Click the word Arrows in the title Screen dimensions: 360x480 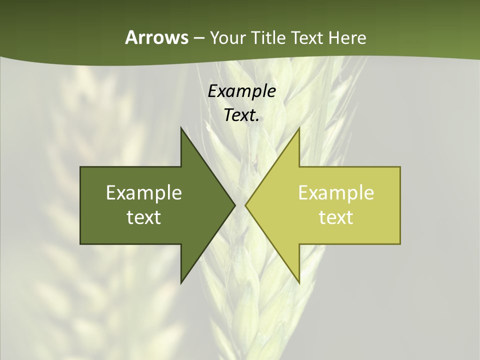[x=156, y=37]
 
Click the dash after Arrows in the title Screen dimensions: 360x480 [x=198, y=38]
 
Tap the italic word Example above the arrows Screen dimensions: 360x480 [x=241, y=91]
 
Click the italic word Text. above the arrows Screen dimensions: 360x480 [x=241, y=115]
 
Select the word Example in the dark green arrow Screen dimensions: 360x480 [x=144, y=193]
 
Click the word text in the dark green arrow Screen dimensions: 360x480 [x=144, y=217]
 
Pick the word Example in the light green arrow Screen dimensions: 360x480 [x=336, y=193]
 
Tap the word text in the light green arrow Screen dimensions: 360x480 [x=336, y=217]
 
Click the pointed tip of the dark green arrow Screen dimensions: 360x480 [x=235, y=205]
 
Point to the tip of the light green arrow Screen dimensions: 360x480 [x=245, y=205]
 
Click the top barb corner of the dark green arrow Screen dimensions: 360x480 [x=181, y=128]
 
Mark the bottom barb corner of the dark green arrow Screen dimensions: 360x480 [x=181, y=283]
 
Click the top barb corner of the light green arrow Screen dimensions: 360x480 [x=299, y=128]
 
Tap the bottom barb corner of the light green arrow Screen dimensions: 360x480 [x=299, y=283]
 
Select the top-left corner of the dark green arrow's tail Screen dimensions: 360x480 [x=80, y=167]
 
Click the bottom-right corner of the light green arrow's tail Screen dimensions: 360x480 [x=400, y=243]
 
